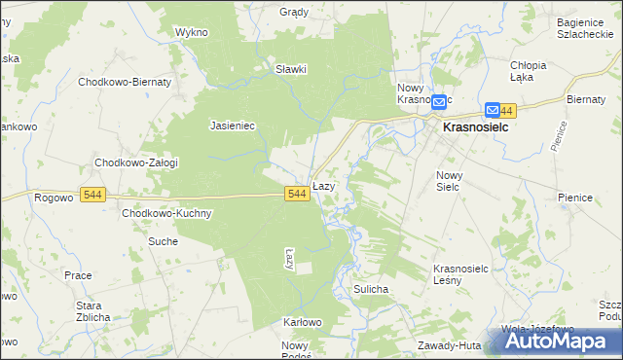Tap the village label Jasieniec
point(232,126)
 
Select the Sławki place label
point(291,69)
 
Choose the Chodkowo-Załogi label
point(135,162)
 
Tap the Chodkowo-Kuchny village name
point(166,213)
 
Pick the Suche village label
point(163,240)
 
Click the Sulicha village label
point(372,289)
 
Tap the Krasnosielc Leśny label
point(459,273)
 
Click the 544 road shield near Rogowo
point(93,195)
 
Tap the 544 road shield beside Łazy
point(298,195)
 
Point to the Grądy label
point(294,13)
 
